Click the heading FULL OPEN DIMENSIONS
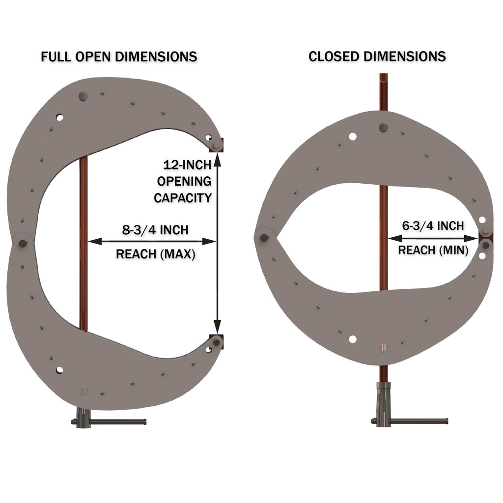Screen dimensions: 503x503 point(119,56)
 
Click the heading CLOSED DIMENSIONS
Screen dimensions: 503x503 point(377,56)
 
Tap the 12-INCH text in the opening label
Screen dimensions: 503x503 point(188,165)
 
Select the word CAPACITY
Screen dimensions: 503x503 point(183,198)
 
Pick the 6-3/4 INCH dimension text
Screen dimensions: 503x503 point(433,226)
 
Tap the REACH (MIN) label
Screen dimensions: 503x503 point(433,250)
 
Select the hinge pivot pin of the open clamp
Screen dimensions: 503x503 point(22,242)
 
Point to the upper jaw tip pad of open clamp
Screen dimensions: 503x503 point(217,144)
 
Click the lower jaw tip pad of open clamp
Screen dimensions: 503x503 point(217,340)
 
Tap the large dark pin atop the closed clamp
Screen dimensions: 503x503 point(383,128)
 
